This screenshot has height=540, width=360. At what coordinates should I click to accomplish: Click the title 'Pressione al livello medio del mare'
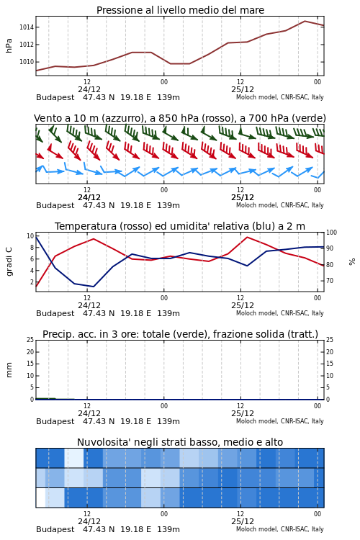[180, 10]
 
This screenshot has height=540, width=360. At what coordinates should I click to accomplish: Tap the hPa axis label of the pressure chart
[9, 45]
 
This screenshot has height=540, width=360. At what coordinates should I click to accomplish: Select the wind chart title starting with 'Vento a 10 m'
[180, 119]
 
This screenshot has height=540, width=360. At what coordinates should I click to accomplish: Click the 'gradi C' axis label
[9, 261]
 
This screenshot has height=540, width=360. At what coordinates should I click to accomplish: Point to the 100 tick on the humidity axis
[331, 233]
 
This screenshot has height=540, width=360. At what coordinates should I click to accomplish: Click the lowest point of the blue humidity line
[94, 287]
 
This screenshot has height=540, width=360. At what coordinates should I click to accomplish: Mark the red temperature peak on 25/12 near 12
[247, 237]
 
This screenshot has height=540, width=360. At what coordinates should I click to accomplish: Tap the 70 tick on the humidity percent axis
[330, 281]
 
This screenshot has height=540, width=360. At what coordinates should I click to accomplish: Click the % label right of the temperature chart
[352, 262]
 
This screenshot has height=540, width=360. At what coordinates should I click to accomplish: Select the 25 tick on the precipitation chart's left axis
[30, 340]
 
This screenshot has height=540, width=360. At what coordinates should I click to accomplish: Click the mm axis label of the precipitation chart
[9, 370]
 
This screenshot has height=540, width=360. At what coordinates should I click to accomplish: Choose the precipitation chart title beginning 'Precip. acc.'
[180, 334]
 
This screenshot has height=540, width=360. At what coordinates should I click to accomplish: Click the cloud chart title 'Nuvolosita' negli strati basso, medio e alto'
[180, 442]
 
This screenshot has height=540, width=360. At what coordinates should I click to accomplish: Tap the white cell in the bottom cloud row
[40, 498]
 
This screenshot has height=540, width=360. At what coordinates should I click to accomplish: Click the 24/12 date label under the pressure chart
[89, 89]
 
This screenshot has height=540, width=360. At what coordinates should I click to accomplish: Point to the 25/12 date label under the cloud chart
[243, 521]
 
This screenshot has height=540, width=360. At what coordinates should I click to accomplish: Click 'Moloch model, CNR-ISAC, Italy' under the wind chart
[280, 205]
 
